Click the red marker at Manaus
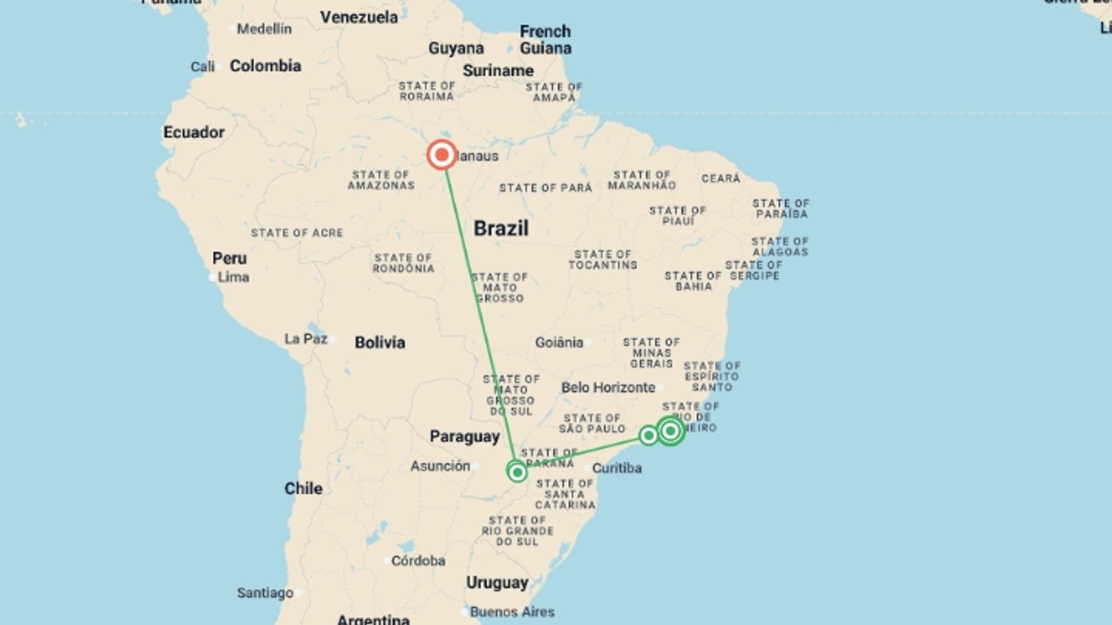click(x=442, y=155)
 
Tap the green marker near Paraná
click(x=517, y=472)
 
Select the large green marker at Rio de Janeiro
click(x=670, y=431)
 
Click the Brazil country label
click(x=501, y=228)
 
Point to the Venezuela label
click(x=359, y=17)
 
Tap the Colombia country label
click(x=265, y=66)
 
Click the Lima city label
click(x=233, y=277)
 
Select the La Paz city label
click(x=306, y=339)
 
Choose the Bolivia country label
click(x=380, y=343)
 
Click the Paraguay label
click(x=464, y=436)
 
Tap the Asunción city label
click(x=440, y=466)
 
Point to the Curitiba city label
click(x=617, y=468)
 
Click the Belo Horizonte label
click(x=608, y=387)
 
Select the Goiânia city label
click(x=559, y=343)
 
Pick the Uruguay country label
click(x=498, y=583)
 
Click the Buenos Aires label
click(x=512, y=612)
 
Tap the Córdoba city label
click(x=418, y=561)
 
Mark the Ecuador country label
click(x=194, y=133)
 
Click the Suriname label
click(x=498, y=71)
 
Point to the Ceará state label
click(x=721, y=178)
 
